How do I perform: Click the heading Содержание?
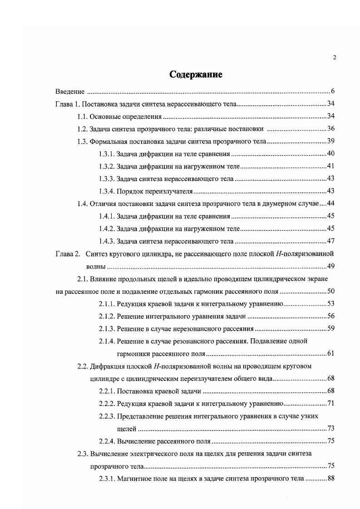(196, 74)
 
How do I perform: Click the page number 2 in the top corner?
(334, 57)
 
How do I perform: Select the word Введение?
(70, 92)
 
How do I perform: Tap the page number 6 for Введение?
(332, 92)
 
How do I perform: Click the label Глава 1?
(67, 104)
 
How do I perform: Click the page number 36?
(330, 129)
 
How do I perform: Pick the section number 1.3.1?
(107, 154)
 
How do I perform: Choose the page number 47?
(330, 241)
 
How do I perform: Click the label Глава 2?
(67, 254)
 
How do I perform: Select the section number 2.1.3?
(107, 328)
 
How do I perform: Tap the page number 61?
(330, 353)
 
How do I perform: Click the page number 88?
(330, 478)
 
